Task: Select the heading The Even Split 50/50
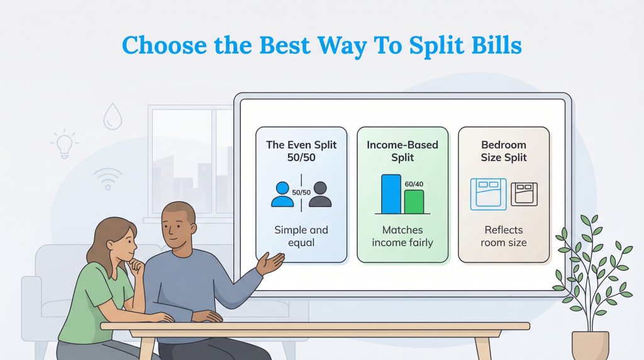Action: [301, 151]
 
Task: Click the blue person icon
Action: [282, 194]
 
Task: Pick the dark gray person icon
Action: [319, 194]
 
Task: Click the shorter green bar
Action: [414, 201]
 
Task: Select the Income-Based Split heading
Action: [402, 151]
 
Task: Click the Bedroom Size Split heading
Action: [504, 151]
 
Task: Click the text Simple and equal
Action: [301, 236]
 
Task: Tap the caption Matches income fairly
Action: [402, 236]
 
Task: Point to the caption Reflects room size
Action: [504, 236]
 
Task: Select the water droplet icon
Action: [113, 116]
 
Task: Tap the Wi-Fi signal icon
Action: [107, 178]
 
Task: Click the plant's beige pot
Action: [590, 345]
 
